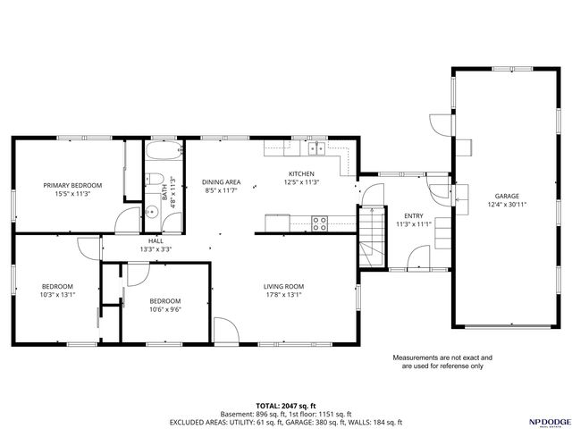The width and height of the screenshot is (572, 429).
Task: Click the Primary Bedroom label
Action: (x=73, y=185)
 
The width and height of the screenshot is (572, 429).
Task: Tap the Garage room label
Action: (x=508, y=196)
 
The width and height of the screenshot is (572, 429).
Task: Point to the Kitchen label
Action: (x=300, y=173)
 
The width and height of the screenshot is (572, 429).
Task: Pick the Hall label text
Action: (x=156, y=240)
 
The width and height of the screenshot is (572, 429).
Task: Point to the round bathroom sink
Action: (x=152, y=212)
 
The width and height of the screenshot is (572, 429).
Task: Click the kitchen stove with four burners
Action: (x=319, y=222)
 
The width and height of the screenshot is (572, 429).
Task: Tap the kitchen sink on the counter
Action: (x=317, y=148)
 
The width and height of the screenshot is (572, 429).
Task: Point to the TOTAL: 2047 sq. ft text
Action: (x=286, y=405)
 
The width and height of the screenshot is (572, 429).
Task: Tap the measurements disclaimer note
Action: (x=442, y=361)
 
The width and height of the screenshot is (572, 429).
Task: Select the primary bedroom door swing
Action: (x=128, y=218)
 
